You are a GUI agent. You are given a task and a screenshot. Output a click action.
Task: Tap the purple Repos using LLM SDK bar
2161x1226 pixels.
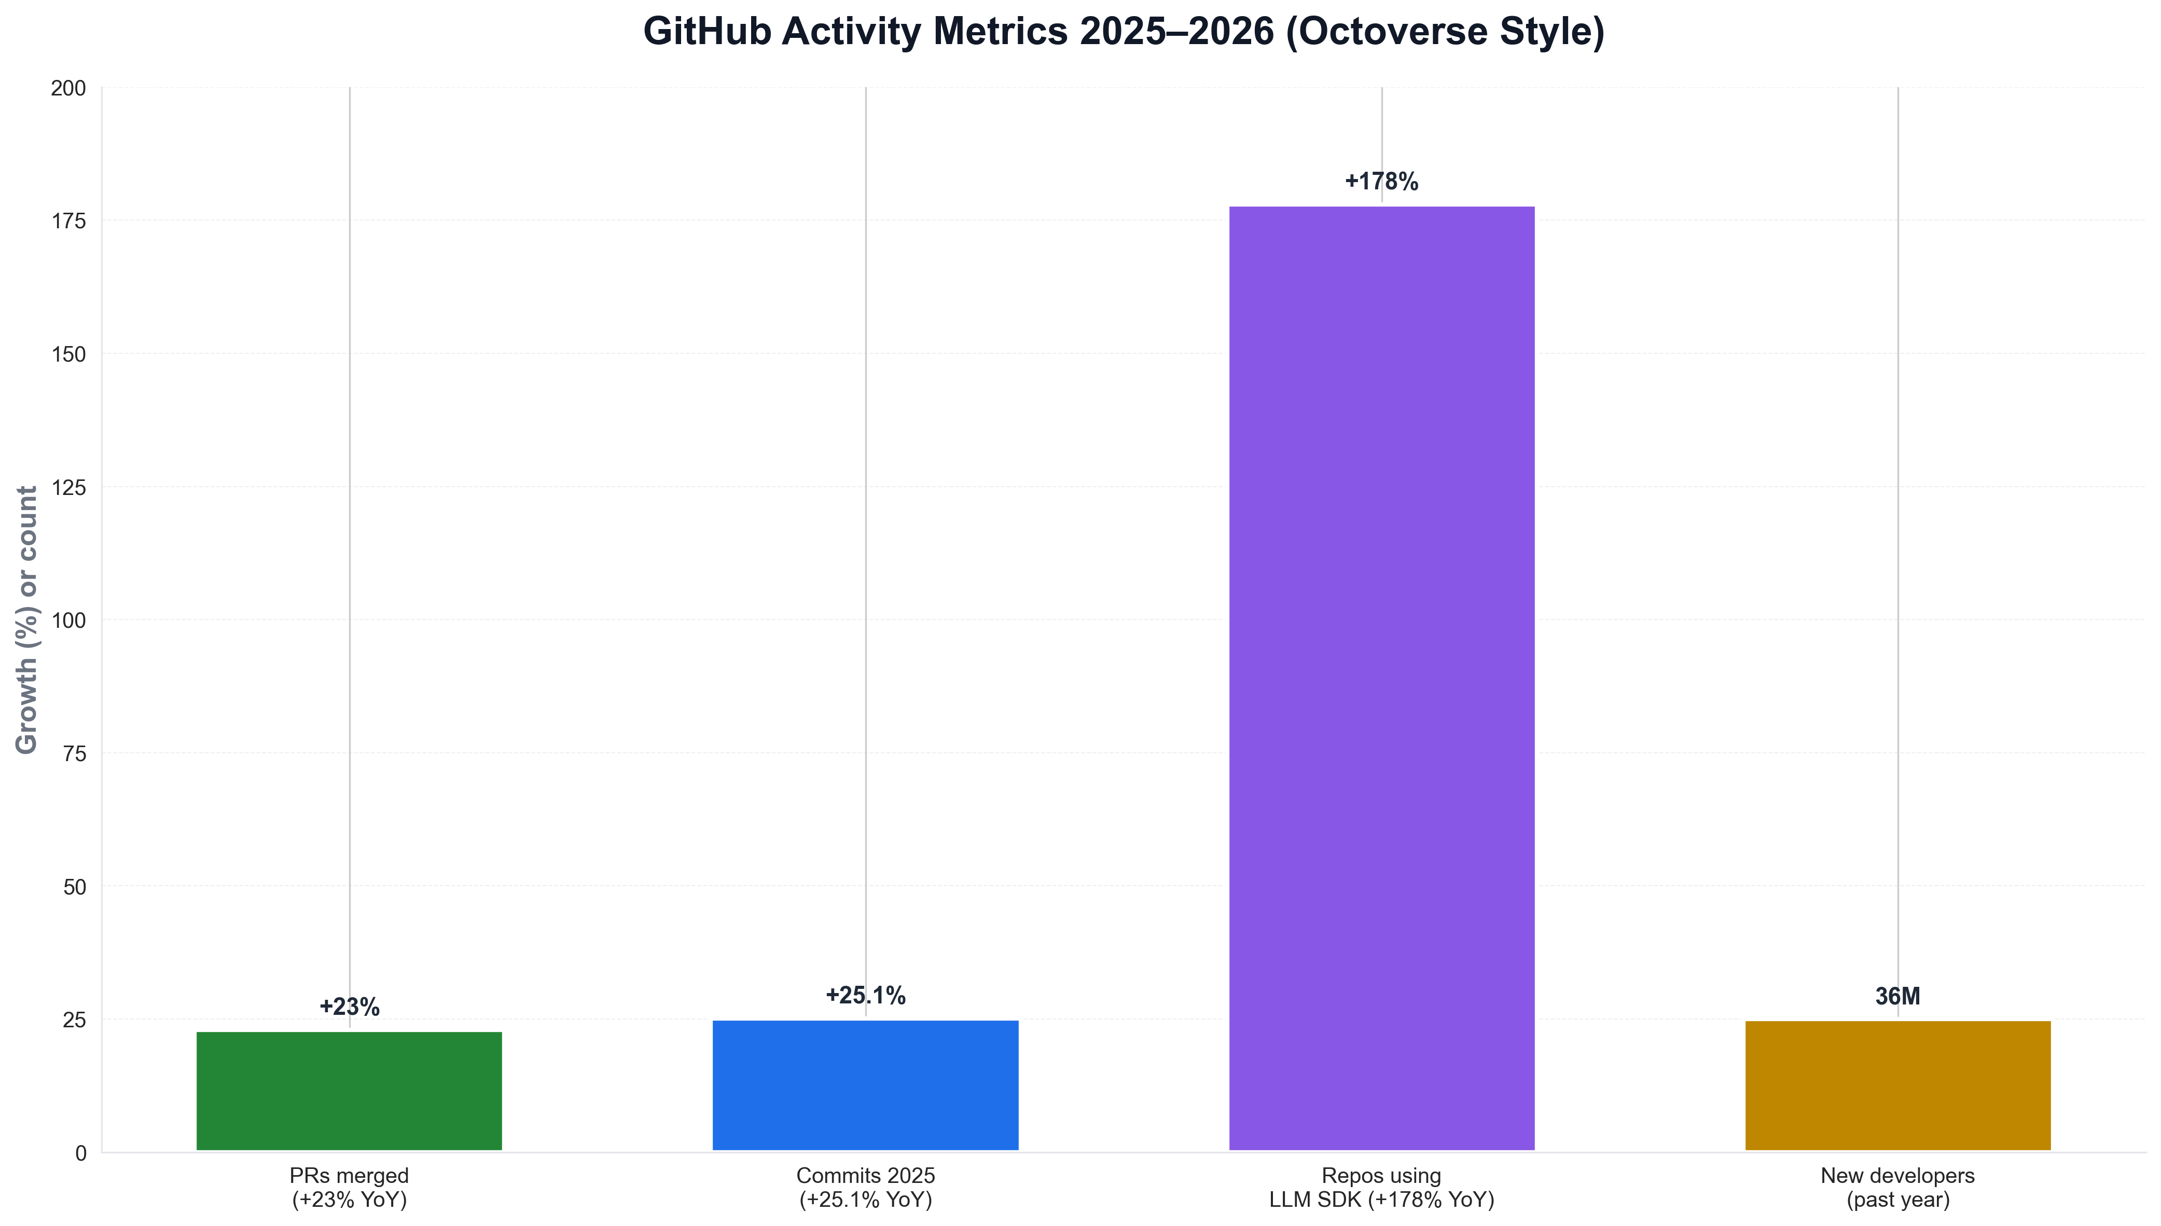click(1381, 678)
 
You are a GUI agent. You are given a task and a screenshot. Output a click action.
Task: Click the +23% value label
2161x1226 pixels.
click(350, 1007)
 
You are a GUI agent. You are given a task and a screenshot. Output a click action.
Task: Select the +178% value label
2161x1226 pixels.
click(1381, 182)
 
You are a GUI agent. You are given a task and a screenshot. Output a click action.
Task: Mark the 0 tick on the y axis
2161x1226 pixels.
click(81, 1153)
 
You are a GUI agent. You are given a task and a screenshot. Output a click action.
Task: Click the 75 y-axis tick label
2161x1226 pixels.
click(74, 754)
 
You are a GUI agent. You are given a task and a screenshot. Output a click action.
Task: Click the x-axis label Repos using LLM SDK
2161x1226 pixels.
click(1381, 1187)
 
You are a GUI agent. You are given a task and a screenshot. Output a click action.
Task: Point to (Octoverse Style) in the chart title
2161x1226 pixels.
click(1445, 32)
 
